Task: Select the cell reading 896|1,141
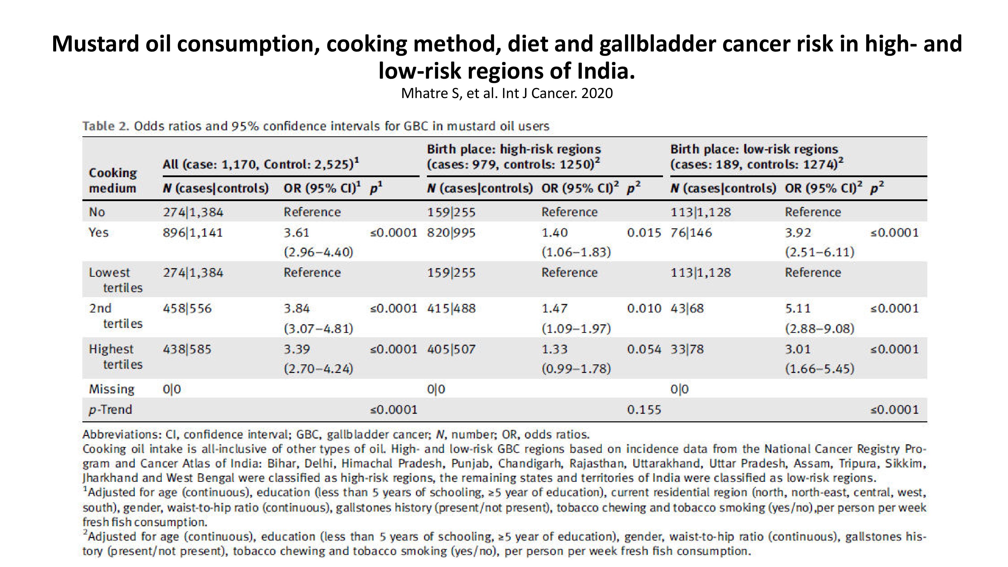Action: [193, 233]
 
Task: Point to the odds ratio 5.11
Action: [798, 308]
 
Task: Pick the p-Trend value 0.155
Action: [644, 410]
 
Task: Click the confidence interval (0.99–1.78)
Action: [576, 369]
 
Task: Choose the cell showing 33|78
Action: [687, 349]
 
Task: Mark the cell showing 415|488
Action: [451, 308]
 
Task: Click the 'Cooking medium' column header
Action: [113, 180]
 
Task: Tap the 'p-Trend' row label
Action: [110, 410]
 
